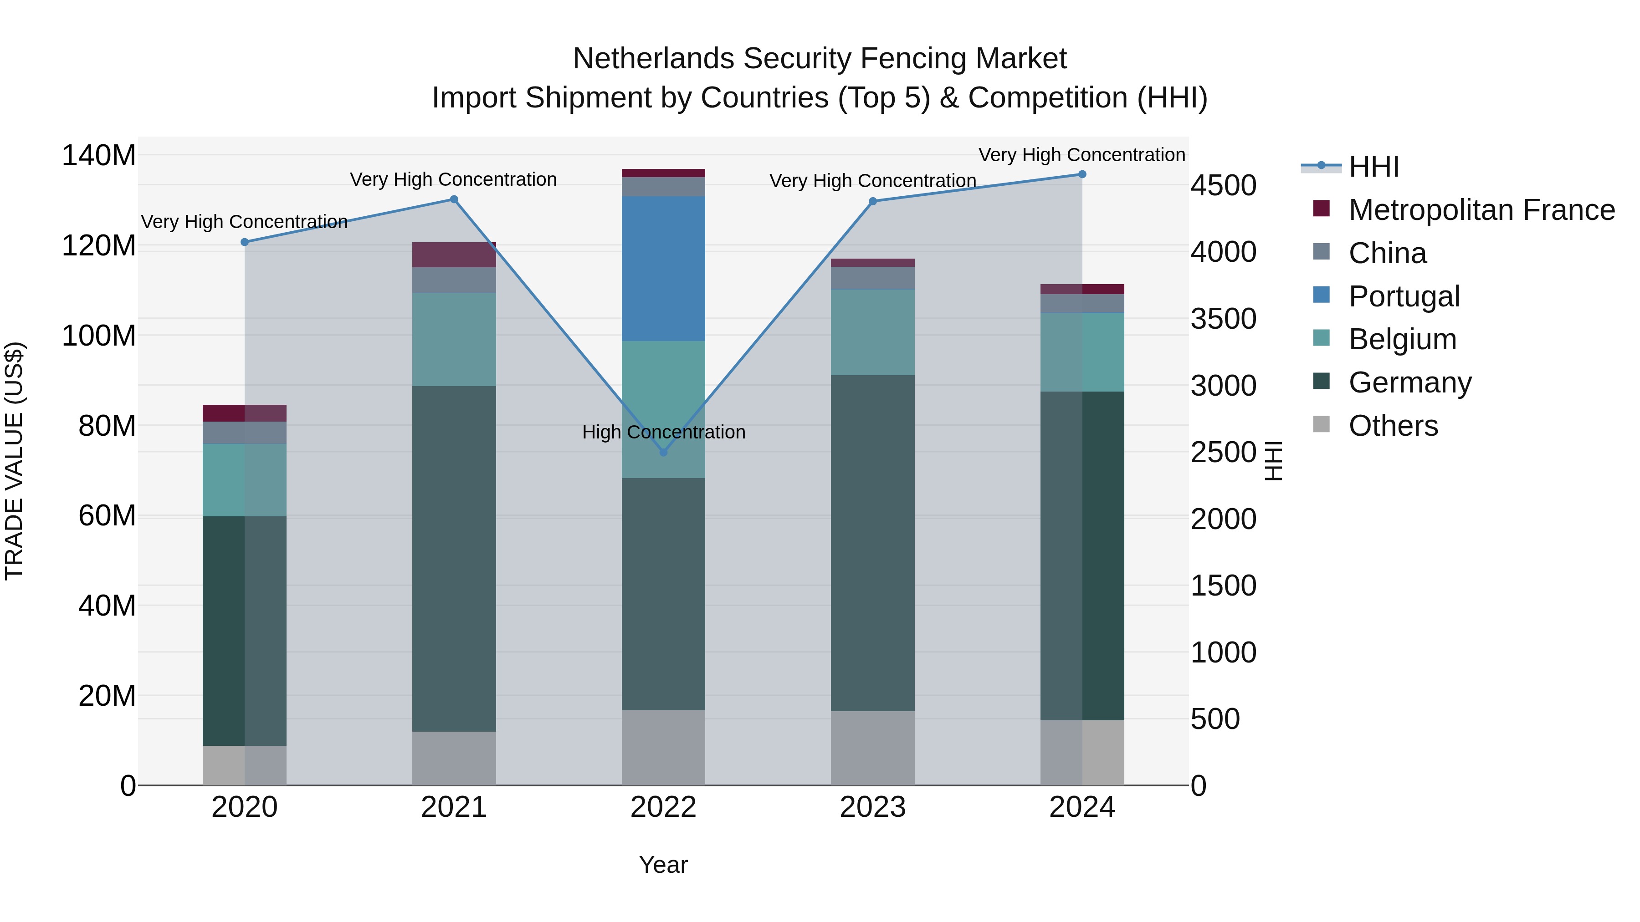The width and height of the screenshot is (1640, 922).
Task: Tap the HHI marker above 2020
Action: point(245,242)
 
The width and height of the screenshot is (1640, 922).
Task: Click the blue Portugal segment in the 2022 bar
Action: point(663,269)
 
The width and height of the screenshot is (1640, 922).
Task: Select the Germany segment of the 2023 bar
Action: point(872,543)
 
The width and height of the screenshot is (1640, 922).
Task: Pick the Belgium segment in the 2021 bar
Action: point(454,339)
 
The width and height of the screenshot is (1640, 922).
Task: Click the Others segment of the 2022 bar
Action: point(663,747)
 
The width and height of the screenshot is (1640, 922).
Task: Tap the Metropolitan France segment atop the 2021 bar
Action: point(454,255)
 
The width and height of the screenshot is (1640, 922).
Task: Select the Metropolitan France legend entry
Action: point(1481,210)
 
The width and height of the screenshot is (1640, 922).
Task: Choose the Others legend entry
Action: point(1393,425)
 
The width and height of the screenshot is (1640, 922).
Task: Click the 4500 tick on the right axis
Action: point(1223,186)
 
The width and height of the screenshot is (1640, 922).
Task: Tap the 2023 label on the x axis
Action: point(872,807)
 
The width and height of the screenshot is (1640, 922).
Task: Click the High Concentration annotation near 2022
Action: point(663,432)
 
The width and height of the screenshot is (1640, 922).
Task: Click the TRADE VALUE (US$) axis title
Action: point(14,461)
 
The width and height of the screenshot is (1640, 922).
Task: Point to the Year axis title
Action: point(663,865)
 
